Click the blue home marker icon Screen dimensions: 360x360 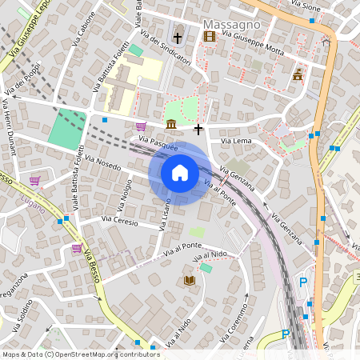(x=180, y=173)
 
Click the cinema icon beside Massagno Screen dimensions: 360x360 (x=210, y=36)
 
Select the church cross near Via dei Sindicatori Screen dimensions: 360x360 (x=178, y=38)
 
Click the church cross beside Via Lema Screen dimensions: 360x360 (x=198, y=129)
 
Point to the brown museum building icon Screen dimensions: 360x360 (x=172, y=124)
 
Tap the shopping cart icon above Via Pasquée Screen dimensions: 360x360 (x=141, y=126)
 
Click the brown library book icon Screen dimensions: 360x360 (x=190, y=280)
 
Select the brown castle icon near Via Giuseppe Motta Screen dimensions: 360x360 (x=298, y=74)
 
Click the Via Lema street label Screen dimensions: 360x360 (x=236, y=142)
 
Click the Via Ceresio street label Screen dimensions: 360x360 (x=119, y=219)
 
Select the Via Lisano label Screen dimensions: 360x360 (x=165, y=212)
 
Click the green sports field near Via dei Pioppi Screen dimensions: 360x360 (x=66, y=128)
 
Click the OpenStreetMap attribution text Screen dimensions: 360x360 (x=81, y=354)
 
